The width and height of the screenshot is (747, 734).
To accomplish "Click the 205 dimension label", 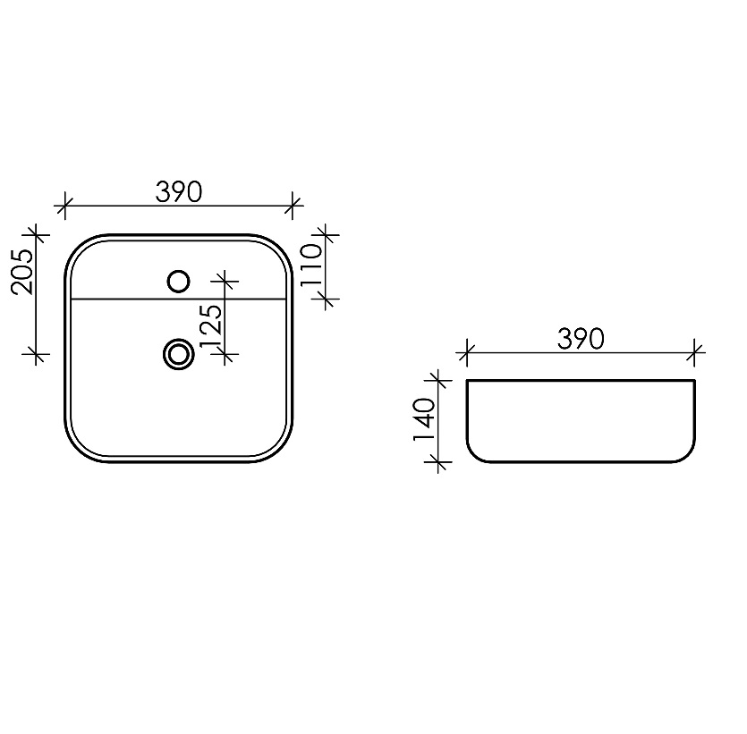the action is [x=23, y=272].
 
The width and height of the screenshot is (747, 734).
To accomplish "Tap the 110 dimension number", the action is [x=312, y=265].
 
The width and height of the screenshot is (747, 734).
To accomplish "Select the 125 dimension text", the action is [x=211, y=326].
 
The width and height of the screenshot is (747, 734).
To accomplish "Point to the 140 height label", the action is [x=424, y=419].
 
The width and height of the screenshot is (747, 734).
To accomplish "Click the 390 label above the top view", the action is [x=179, y=192].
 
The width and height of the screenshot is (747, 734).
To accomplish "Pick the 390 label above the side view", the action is [x=581, y=339].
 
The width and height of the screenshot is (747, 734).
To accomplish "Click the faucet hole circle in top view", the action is [x=179, y=282].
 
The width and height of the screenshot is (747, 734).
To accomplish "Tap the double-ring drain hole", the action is [x=179, y=354].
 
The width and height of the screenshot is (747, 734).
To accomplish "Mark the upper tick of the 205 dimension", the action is [x=36, y=234].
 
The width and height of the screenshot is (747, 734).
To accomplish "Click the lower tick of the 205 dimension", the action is [x=36, y=354].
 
